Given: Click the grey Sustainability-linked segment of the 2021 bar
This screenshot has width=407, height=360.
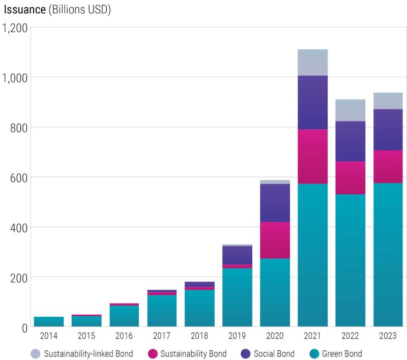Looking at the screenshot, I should click(x=312, y=63).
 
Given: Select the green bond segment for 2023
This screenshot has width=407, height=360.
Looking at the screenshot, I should click(x=388, y=254).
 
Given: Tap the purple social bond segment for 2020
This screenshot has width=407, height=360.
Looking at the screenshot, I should click(x=275, y=202).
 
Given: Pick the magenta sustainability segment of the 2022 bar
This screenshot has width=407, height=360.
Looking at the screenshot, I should click(x=350, y=177).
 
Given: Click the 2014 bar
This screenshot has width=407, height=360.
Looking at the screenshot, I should click(x=49, y=321).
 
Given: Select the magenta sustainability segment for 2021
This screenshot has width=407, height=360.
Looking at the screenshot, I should click(x=312, y=156).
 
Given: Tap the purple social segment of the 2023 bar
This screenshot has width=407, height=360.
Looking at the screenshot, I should click(x=388, y=130).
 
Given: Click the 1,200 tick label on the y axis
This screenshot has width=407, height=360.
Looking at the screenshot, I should click(x=15, y=28).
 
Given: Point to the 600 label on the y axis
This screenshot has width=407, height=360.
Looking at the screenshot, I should click(x=18, y=177).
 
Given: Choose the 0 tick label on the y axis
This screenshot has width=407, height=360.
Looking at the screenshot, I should click(x=23, y=327).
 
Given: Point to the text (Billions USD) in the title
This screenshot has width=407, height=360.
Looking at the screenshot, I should click(x=80, y=10).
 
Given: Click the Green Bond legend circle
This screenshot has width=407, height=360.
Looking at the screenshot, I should click(x=314, y=353).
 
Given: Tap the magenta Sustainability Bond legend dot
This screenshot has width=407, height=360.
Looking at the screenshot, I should click(x=152, y=353).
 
